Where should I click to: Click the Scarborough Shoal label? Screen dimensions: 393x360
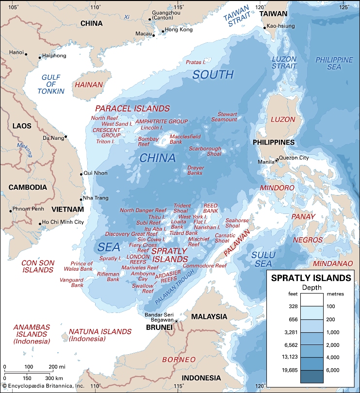coord(205,151)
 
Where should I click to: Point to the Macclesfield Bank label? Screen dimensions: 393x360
coord(182,139)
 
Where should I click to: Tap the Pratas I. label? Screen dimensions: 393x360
coord(196,62)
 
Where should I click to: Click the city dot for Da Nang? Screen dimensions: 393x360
coord(66,137)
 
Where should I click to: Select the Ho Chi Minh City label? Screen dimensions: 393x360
coord(63,222)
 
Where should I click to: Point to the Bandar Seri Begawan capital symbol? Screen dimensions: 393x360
coord(177,321)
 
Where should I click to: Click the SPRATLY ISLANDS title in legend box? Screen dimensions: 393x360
coord(311,278)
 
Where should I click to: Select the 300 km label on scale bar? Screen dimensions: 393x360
coord(53,378)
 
